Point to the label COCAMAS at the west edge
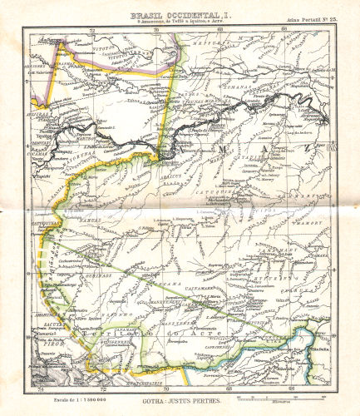coord(39,152)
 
